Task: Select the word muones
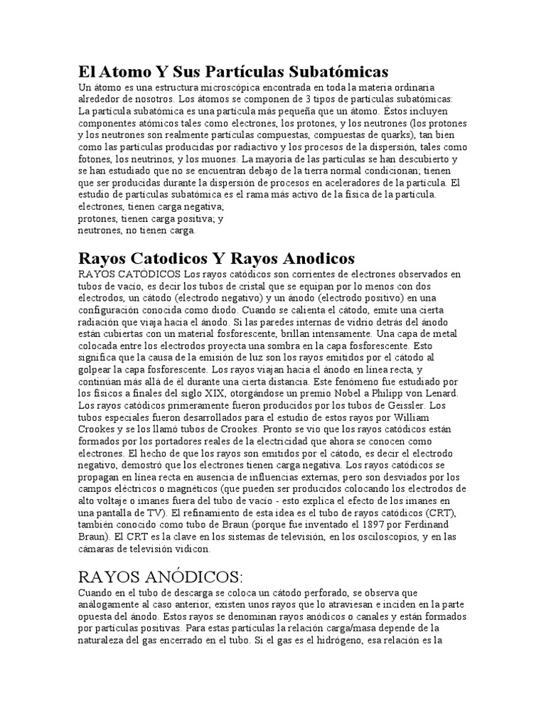click(x=218, y=159)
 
